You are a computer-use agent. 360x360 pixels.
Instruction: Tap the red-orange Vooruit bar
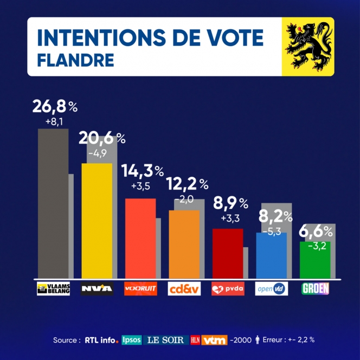(140, 239)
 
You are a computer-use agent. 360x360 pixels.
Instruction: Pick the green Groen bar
(315, 260)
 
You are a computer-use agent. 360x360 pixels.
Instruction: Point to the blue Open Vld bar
(271, 255)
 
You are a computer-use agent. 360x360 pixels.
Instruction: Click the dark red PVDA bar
(227, 253)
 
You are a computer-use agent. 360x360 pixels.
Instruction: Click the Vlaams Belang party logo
(53, 288)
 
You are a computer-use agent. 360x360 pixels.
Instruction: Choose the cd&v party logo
(184, 288)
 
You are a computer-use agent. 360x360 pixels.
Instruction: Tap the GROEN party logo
(315, 288)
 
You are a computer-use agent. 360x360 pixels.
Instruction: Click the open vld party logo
(271, 288)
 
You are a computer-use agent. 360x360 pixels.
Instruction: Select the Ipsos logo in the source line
(132, 340)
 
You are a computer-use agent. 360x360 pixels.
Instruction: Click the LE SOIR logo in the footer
(166, 340)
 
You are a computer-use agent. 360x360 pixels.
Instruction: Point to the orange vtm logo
(214, 340)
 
